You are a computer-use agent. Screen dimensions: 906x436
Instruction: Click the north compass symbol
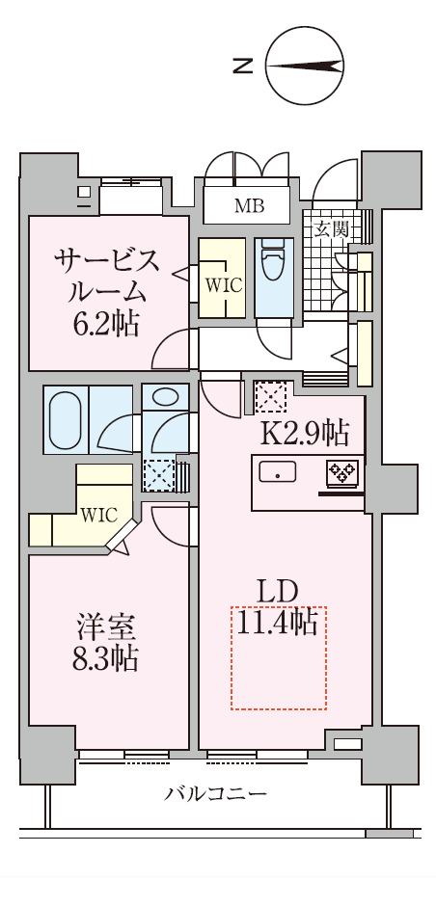coord(305,67)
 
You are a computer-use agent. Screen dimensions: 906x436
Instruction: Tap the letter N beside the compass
coord(244,67)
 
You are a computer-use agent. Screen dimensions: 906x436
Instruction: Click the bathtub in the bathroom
coord(67,419)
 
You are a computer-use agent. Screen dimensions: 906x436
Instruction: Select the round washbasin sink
coord(166,396)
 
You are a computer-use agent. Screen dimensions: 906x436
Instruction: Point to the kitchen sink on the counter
coord(280,472)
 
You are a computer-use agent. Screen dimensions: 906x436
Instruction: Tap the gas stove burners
coord(342,472)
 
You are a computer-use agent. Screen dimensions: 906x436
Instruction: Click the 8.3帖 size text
coord(106,659)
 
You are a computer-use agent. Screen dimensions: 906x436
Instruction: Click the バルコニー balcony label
coord(215,793)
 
